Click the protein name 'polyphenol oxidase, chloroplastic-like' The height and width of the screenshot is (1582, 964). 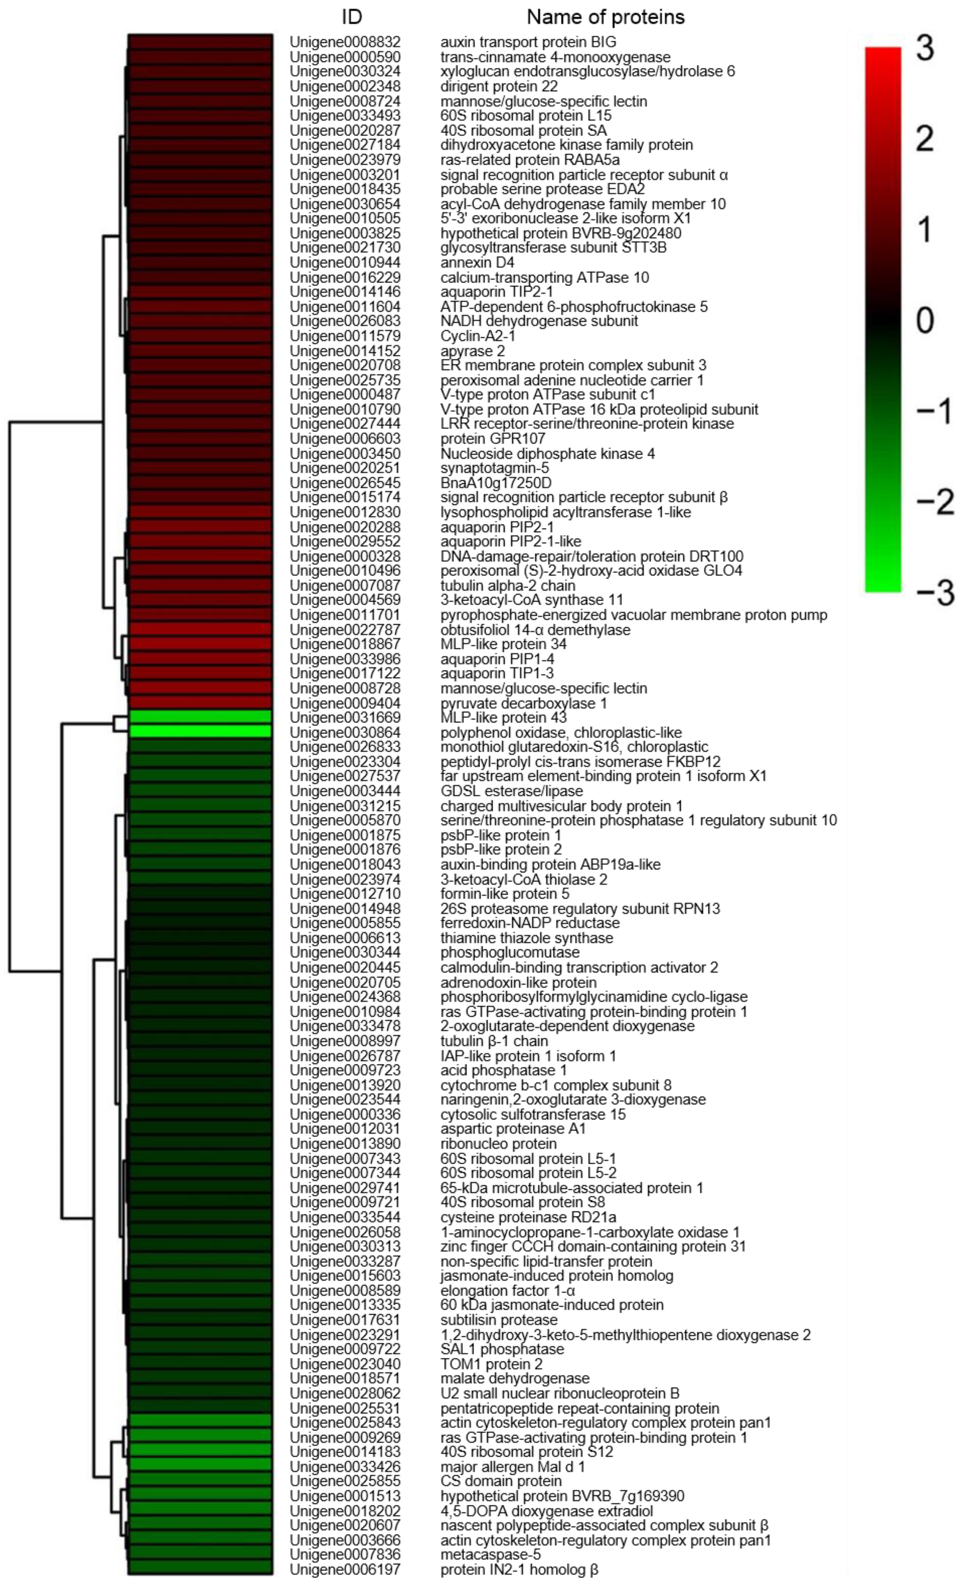pos(560,733)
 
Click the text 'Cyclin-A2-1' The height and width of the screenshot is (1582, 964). pos(478,336)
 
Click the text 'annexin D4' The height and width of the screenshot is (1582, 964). pos(477,263)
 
